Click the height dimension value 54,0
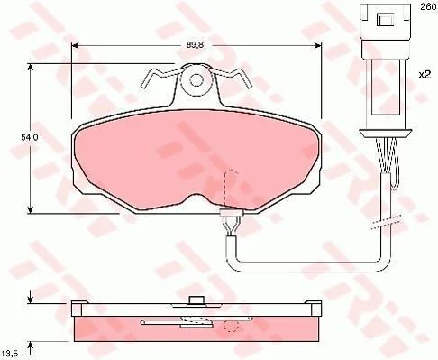pyautogui.click(x=29, y=137)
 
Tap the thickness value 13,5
pyautogui.click(x=10, y=353)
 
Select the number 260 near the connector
pyautogui.click(x=428, y=6)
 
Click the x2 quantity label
pyautogui.click(x=425, y=74)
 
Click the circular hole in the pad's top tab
pyautogui.click(x=196, y=80)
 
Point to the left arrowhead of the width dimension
pyautogui.click(x=75, y=45)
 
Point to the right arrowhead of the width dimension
pyautogui.click(x=317, y=45)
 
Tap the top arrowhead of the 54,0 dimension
pyautogui.click(x=30, y=68)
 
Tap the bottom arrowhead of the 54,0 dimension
pyautogui.click(x=30, y=209)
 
